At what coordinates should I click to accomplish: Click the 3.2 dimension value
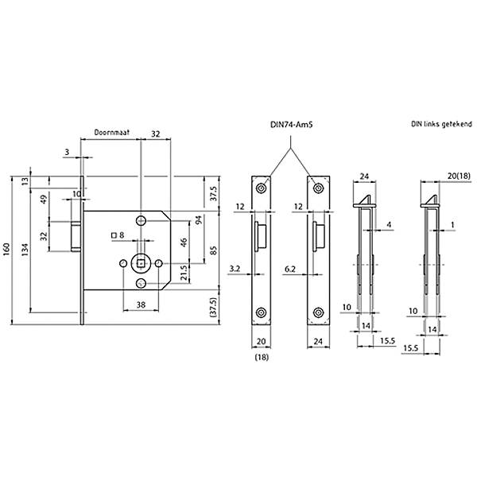click(x=235, y=270)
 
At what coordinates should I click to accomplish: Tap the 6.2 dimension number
click(x=290, y=270)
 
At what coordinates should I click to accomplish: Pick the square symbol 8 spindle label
click(x=119, y=235)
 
